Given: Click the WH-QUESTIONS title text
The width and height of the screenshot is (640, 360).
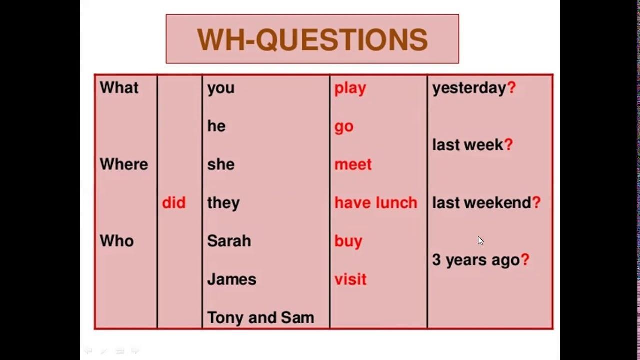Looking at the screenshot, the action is [312, 39].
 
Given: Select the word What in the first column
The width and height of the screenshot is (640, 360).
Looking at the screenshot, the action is [119, 87].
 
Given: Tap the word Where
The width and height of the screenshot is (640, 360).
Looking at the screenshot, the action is [124, 164].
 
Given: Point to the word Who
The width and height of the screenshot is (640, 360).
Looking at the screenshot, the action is [117, 241].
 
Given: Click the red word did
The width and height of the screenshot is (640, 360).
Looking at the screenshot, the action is [174, 203].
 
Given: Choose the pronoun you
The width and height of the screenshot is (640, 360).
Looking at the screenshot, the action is [221, 89].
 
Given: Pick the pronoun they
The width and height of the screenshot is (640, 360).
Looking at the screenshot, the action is [223, 203].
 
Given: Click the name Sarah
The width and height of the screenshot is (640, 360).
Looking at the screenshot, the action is [229, 241].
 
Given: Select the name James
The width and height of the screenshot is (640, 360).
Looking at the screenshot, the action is [232, 279].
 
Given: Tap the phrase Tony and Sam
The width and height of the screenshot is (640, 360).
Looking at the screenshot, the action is [261, 317].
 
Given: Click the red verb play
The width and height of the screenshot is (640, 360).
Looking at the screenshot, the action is [350, 89].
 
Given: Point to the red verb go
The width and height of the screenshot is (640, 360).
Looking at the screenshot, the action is [344, 127].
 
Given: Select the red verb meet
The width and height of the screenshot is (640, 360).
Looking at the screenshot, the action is [353, 165].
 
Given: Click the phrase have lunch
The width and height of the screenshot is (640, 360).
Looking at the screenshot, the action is [376, 203].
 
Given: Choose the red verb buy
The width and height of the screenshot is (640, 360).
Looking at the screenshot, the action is [348, 242].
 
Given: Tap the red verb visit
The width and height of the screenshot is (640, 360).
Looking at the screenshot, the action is [350, 279].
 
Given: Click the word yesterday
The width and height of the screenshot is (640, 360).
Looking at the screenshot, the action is [469, 88].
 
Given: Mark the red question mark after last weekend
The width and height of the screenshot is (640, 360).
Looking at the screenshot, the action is [536, 202].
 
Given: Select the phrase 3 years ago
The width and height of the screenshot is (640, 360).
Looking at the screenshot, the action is [476, 260].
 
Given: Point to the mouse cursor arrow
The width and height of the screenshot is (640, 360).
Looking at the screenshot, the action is [481, 241].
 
